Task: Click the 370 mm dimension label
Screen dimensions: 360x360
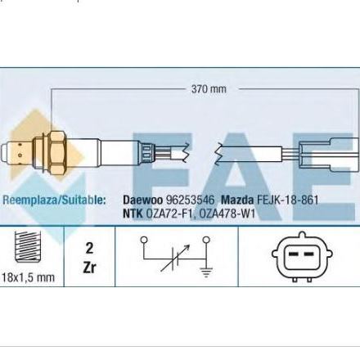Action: pyautogui.click(x=209, y=89)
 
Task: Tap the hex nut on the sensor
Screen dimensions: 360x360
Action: pyautogui.click(x=58, y=153)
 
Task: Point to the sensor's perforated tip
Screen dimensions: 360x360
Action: pyautogui.click(x=17, y=153)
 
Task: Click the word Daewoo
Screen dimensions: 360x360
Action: pyautogui.click(x=142, y=200)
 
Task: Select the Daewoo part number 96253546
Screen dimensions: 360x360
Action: pyautogui.click(x=191, y=200)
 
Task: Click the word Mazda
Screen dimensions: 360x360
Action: pyautogui.click(x=237, y=200)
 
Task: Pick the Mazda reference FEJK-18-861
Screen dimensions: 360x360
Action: pyautogui.click(x=287, y=200)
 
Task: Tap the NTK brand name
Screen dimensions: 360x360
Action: pyautogui.click(x=133, y=214)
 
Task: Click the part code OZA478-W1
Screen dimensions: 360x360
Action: pyautogui.click(x=227, y=214)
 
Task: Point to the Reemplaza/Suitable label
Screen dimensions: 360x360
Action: pyautogui.click(x=54, y=200)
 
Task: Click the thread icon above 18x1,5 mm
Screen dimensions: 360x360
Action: pyautogui.click(x=28, y=246)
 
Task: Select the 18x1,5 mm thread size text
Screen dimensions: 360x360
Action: pyautogui.click(x=28, y=277)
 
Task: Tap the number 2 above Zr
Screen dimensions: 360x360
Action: pyautogui.click(x=89, y=249)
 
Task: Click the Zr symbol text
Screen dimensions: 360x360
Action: pyautogui.click(x=89, y=268)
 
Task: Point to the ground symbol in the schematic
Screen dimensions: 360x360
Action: pyautogui.click(x=206, y=272)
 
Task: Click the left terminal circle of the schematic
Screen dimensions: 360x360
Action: pyautogui.click(x=144, y=240)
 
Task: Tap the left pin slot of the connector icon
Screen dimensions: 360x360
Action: pyautogui.click(x=293, y=254)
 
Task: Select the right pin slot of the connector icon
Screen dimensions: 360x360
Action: pyautogui.click(x=308, y=254)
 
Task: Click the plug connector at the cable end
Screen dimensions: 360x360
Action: pyautogui.click(x=329, y=155)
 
